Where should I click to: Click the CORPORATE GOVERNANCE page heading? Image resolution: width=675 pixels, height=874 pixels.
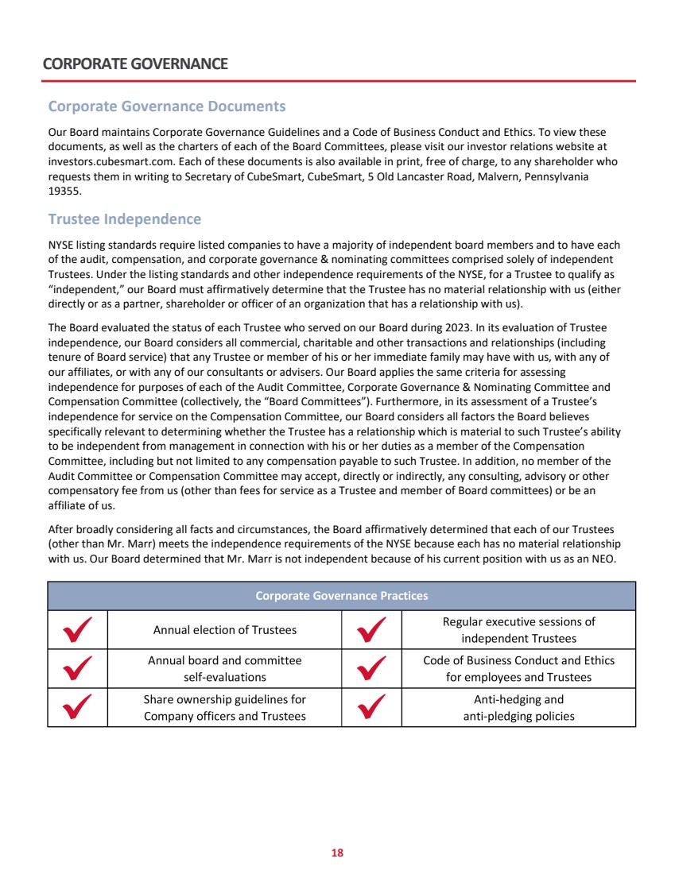coord(136,64)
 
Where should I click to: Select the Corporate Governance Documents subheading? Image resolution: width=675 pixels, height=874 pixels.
coord(167,106)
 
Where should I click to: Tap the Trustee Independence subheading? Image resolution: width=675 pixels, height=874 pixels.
coord(125,218)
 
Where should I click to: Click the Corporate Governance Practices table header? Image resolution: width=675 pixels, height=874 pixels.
coord(341,596)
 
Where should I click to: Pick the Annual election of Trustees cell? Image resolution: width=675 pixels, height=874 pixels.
coord(224,630)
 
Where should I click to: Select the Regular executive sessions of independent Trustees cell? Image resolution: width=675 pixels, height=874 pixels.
coord(518,630)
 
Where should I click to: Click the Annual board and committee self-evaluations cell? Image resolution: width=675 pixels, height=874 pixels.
coord(224,669)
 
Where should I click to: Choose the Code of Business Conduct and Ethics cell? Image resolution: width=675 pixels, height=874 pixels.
coord(518,669)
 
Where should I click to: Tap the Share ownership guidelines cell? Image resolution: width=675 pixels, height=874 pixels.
coord(224,708)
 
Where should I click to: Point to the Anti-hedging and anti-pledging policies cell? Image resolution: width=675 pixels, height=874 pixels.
coord(518,708)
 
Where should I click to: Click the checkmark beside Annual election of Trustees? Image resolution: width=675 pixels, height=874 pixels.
coord(77,629)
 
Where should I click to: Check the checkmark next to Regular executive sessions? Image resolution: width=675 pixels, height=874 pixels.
coord(371,629)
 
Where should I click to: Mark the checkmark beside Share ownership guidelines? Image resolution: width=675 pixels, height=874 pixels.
coord(77,707)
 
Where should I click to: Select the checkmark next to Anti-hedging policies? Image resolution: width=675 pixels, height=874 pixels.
coord(371,707)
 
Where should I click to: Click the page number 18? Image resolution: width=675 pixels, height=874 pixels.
coord(337,853)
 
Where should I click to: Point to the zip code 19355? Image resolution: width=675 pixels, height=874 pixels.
coord(64,191)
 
